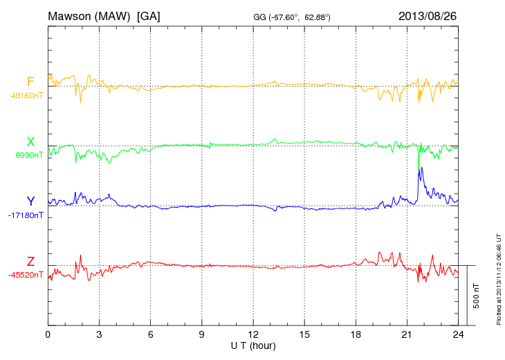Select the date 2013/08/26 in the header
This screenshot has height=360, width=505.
point(428,15)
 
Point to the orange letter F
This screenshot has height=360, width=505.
point(30,82)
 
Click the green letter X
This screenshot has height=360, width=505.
point(30,142)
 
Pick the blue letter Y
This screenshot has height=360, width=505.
point(30,201)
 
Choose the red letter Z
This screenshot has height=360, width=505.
point(30,261)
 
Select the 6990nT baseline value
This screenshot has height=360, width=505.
point(28,155)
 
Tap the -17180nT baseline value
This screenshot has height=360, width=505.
point(26,215)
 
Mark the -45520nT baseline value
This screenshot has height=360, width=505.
point(26,275)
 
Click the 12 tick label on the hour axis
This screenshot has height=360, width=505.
point(253,334)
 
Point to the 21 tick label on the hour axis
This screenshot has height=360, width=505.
point(407,334)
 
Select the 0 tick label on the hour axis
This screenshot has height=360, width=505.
point(48,334)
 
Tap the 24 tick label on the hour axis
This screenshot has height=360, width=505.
point(458,334)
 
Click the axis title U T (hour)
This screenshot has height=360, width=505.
point(253,345)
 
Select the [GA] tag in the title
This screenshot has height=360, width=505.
point(149,15)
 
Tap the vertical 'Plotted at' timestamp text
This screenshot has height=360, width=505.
point(499,277)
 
